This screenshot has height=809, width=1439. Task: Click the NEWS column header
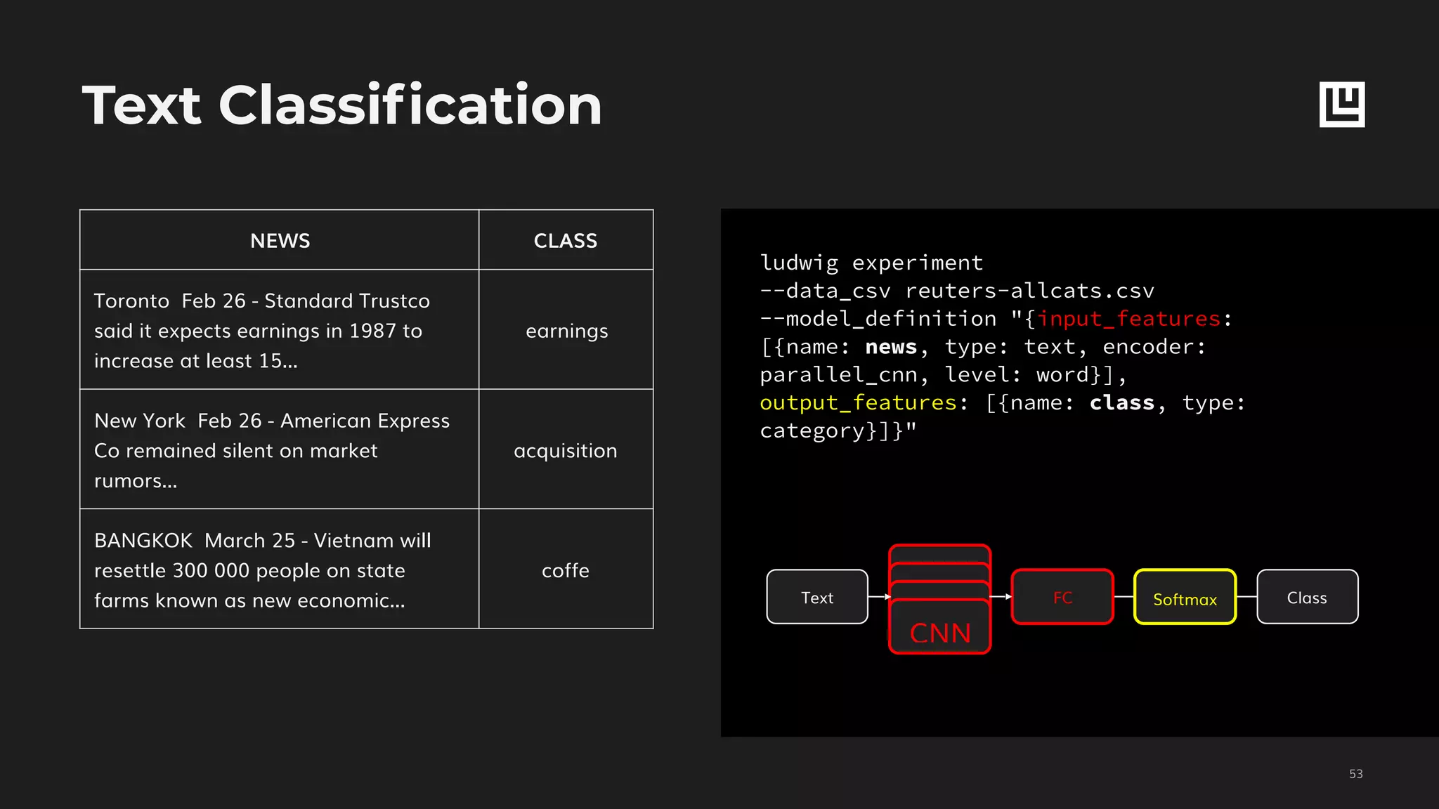[x=280, y=241]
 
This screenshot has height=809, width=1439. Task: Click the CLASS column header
[x=566, y=241]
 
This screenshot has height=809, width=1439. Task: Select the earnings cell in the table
[x=566, y=331]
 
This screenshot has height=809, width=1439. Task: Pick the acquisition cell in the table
[x=566, y=451]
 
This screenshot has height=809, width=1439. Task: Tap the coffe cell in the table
[x=566, y=570]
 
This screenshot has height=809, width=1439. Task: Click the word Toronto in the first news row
[x=131, y=301]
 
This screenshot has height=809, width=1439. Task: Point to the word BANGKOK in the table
[x=143, y=541]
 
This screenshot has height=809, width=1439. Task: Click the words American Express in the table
[x=365, y=421]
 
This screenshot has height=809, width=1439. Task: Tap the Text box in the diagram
[x=817, y=598]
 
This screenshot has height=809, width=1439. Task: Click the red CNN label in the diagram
[x=940, y=633]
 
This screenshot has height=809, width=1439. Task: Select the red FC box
[x=1062, y=598]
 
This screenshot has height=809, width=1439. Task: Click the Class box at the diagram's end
[x=1307, y=598]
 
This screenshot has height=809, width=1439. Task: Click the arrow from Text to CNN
[x=879, y=597]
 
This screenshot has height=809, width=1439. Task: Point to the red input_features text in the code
[x=1129, y=319]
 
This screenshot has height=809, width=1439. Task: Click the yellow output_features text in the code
[x=858, y=403]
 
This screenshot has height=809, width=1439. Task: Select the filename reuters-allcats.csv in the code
[x=1029, y=291]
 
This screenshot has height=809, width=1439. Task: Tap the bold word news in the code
[x=891, y=347]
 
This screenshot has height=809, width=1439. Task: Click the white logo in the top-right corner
[x=1342, y=105]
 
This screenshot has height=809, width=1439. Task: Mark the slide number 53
[x=1356, y=774]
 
